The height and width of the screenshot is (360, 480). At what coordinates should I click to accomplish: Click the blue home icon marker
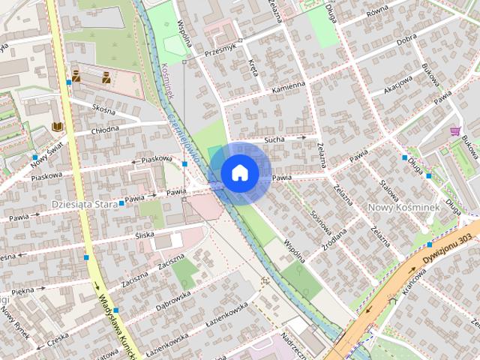pos(240,172)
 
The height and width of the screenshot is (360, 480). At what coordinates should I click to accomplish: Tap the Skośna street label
pos(103,109)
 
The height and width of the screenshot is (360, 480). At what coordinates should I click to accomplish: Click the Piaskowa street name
pos(157,159)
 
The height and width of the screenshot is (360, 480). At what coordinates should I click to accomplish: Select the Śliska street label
pos(144,235)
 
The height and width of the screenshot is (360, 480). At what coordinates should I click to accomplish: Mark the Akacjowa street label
pos(397,88)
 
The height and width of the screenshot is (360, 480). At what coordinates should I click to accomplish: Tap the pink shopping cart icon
pos(455,130)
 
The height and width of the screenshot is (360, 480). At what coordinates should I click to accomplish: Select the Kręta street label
pos(253,68)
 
